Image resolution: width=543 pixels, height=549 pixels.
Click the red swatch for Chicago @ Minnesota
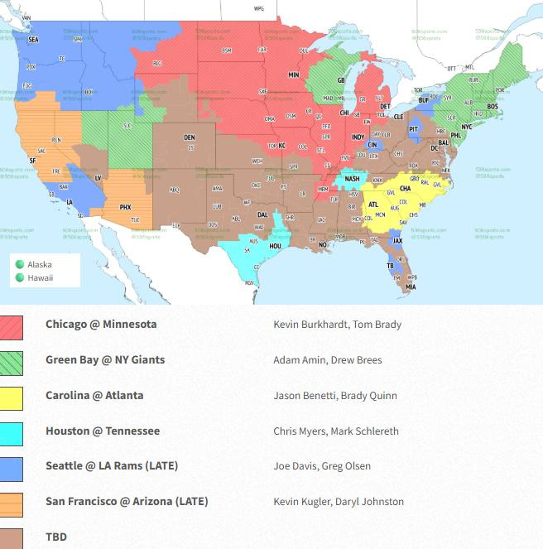click(12, 325)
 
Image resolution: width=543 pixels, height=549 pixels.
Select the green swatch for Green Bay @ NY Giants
click(12, 360)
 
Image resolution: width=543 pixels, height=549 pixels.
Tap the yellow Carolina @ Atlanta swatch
click(12, 396)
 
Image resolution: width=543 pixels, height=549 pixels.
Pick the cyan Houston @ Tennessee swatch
click(12, 431)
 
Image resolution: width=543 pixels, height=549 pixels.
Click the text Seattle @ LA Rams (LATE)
click(112, 466)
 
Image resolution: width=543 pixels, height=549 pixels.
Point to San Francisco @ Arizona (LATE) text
click(127, 501)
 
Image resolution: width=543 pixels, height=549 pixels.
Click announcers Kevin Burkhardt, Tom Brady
click(337, 324)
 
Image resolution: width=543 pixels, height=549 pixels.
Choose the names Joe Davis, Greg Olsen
click(322, 466)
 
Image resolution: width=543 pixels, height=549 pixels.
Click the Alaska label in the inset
click(40, 264)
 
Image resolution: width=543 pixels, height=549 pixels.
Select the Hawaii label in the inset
click(40, 277)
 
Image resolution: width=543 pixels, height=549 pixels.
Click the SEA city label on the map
click(34, 39)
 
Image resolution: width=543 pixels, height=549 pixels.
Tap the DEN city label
click(190, 137)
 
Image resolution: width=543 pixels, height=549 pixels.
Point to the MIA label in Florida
click(411, 287)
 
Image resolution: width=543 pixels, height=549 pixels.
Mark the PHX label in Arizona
click(125, 207)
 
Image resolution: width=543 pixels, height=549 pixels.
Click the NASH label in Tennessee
click(353, 179)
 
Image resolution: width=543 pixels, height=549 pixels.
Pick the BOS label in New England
click(493, 107)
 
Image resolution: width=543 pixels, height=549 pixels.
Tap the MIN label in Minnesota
click(293, 75)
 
